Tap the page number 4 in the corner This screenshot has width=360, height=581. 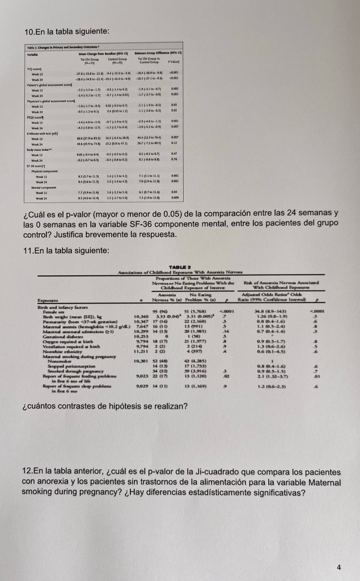338,551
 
